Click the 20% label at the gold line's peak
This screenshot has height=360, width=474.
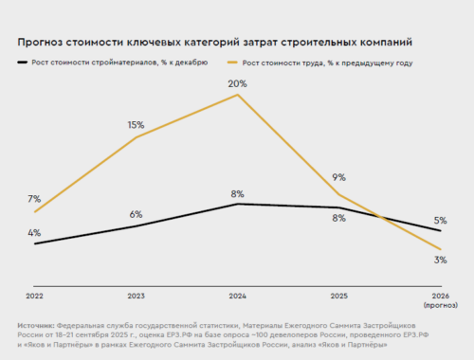[237, 83]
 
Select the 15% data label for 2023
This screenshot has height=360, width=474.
[136, 125]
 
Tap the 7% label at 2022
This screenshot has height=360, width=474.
[34, 199]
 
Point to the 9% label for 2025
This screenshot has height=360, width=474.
[338, 177]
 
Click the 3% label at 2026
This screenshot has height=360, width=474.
[441, 260]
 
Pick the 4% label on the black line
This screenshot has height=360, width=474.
[34, 232]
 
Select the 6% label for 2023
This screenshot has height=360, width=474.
[136, 214]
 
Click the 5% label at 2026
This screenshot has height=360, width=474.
[441, 220]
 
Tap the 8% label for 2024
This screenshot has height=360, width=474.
[237, 194]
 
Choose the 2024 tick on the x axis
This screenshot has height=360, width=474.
[237, 296]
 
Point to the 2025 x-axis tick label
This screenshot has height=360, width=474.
[338, 296]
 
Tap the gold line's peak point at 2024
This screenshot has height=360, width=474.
[237, 95]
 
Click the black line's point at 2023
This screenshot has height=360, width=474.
[136, 225]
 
